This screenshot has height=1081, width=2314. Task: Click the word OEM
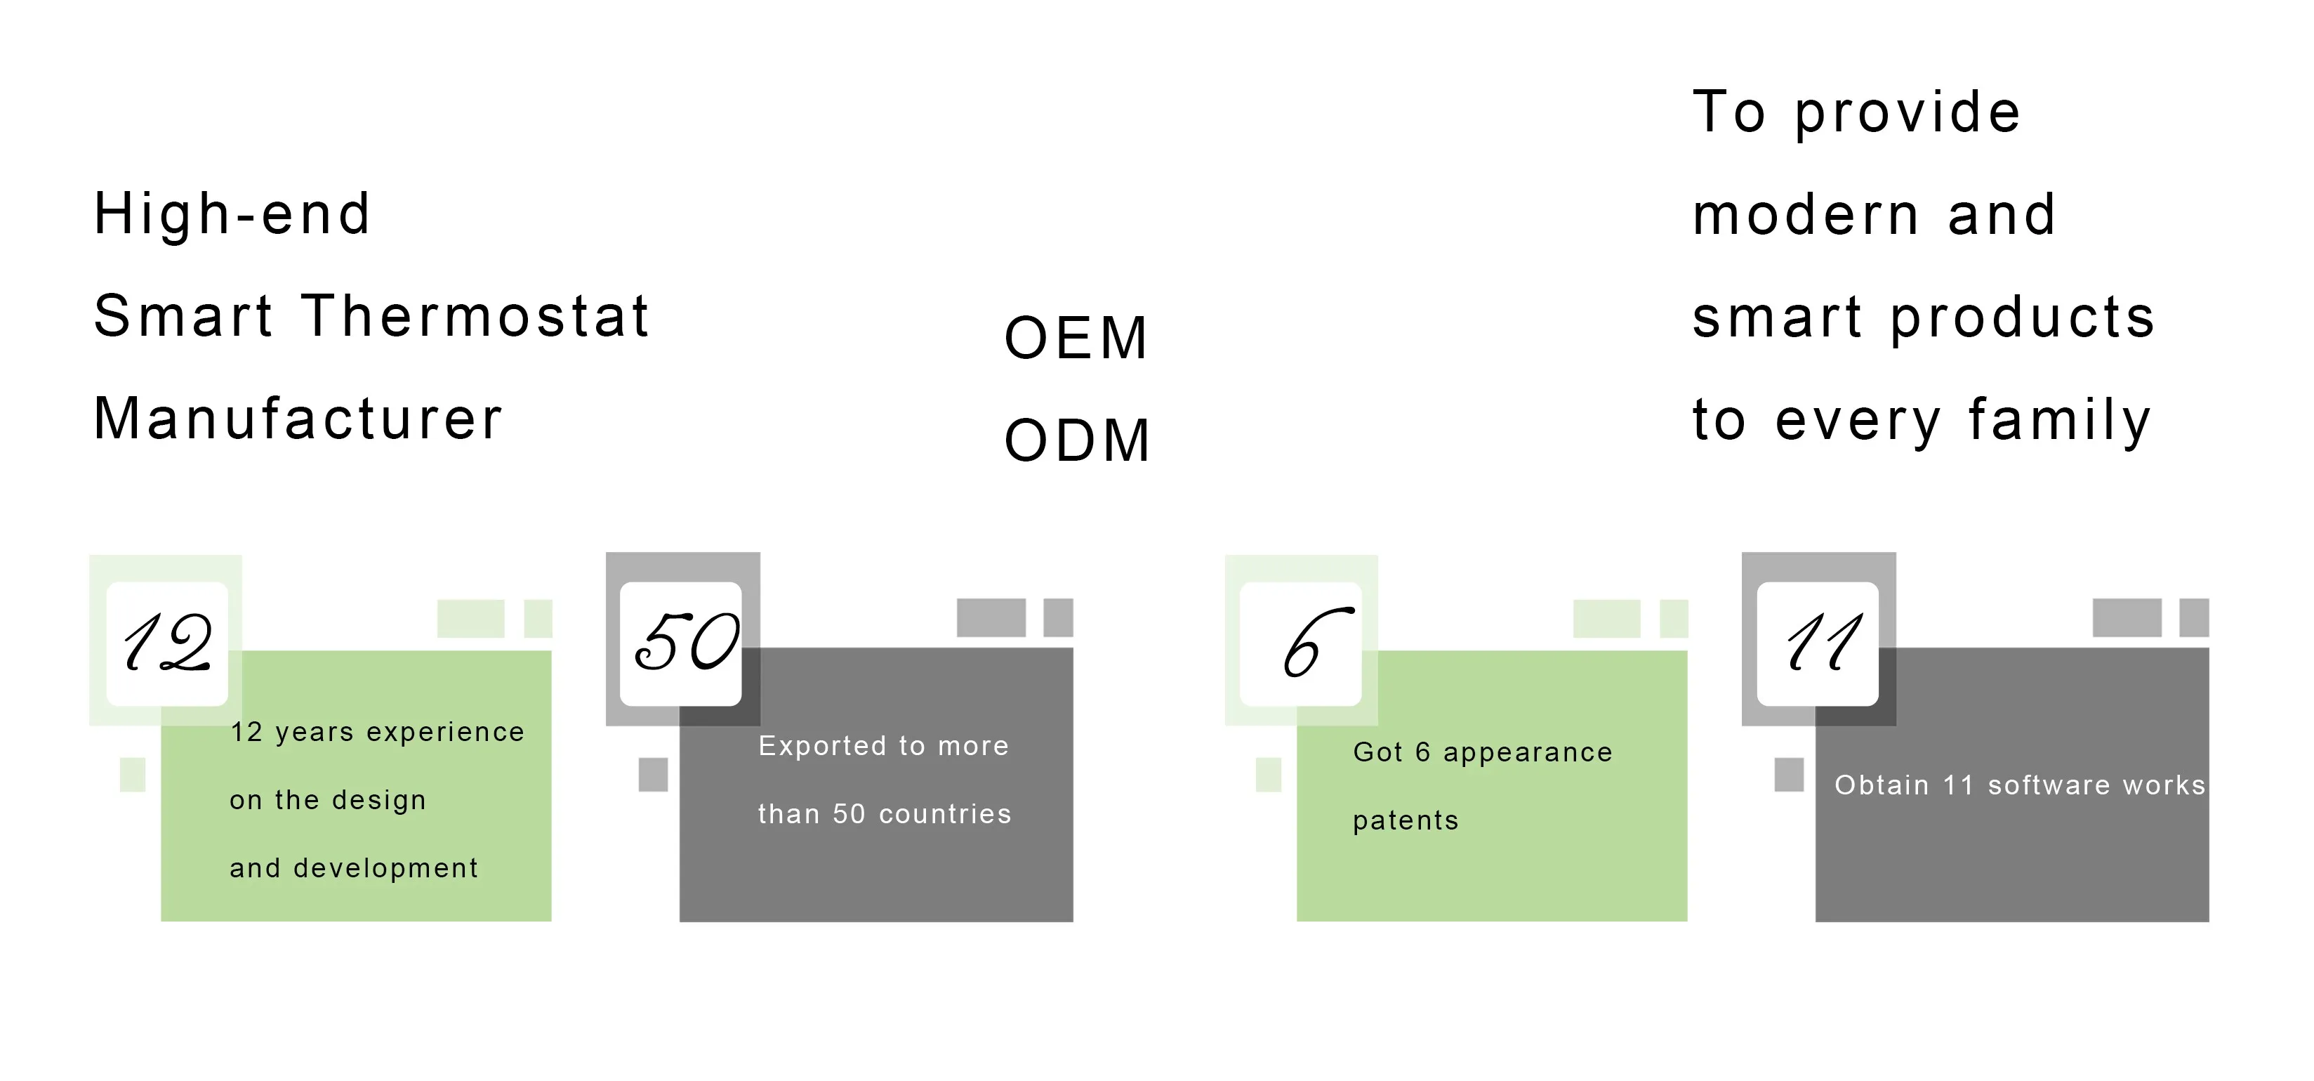[1076, 339]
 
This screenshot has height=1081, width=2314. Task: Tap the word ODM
[1077, 441]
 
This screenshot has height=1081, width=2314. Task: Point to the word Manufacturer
[298, 419]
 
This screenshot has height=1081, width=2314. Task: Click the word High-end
[232, 215]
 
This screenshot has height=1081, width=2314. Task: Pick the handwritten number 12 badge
[167, 643]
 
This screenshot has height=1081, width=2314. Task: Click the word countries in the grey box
[945, 814]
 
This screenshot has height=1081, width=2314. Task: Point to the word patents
[1406, 820]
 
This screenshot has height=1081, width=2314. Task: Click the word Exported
[822, 746]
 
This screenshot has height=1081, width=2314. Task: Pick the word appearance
[1528, 752]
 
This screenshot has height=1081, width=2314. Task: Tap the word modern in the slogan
[1806, 216]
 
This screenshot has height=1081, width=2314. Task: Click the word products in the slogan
[2022, 318]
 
